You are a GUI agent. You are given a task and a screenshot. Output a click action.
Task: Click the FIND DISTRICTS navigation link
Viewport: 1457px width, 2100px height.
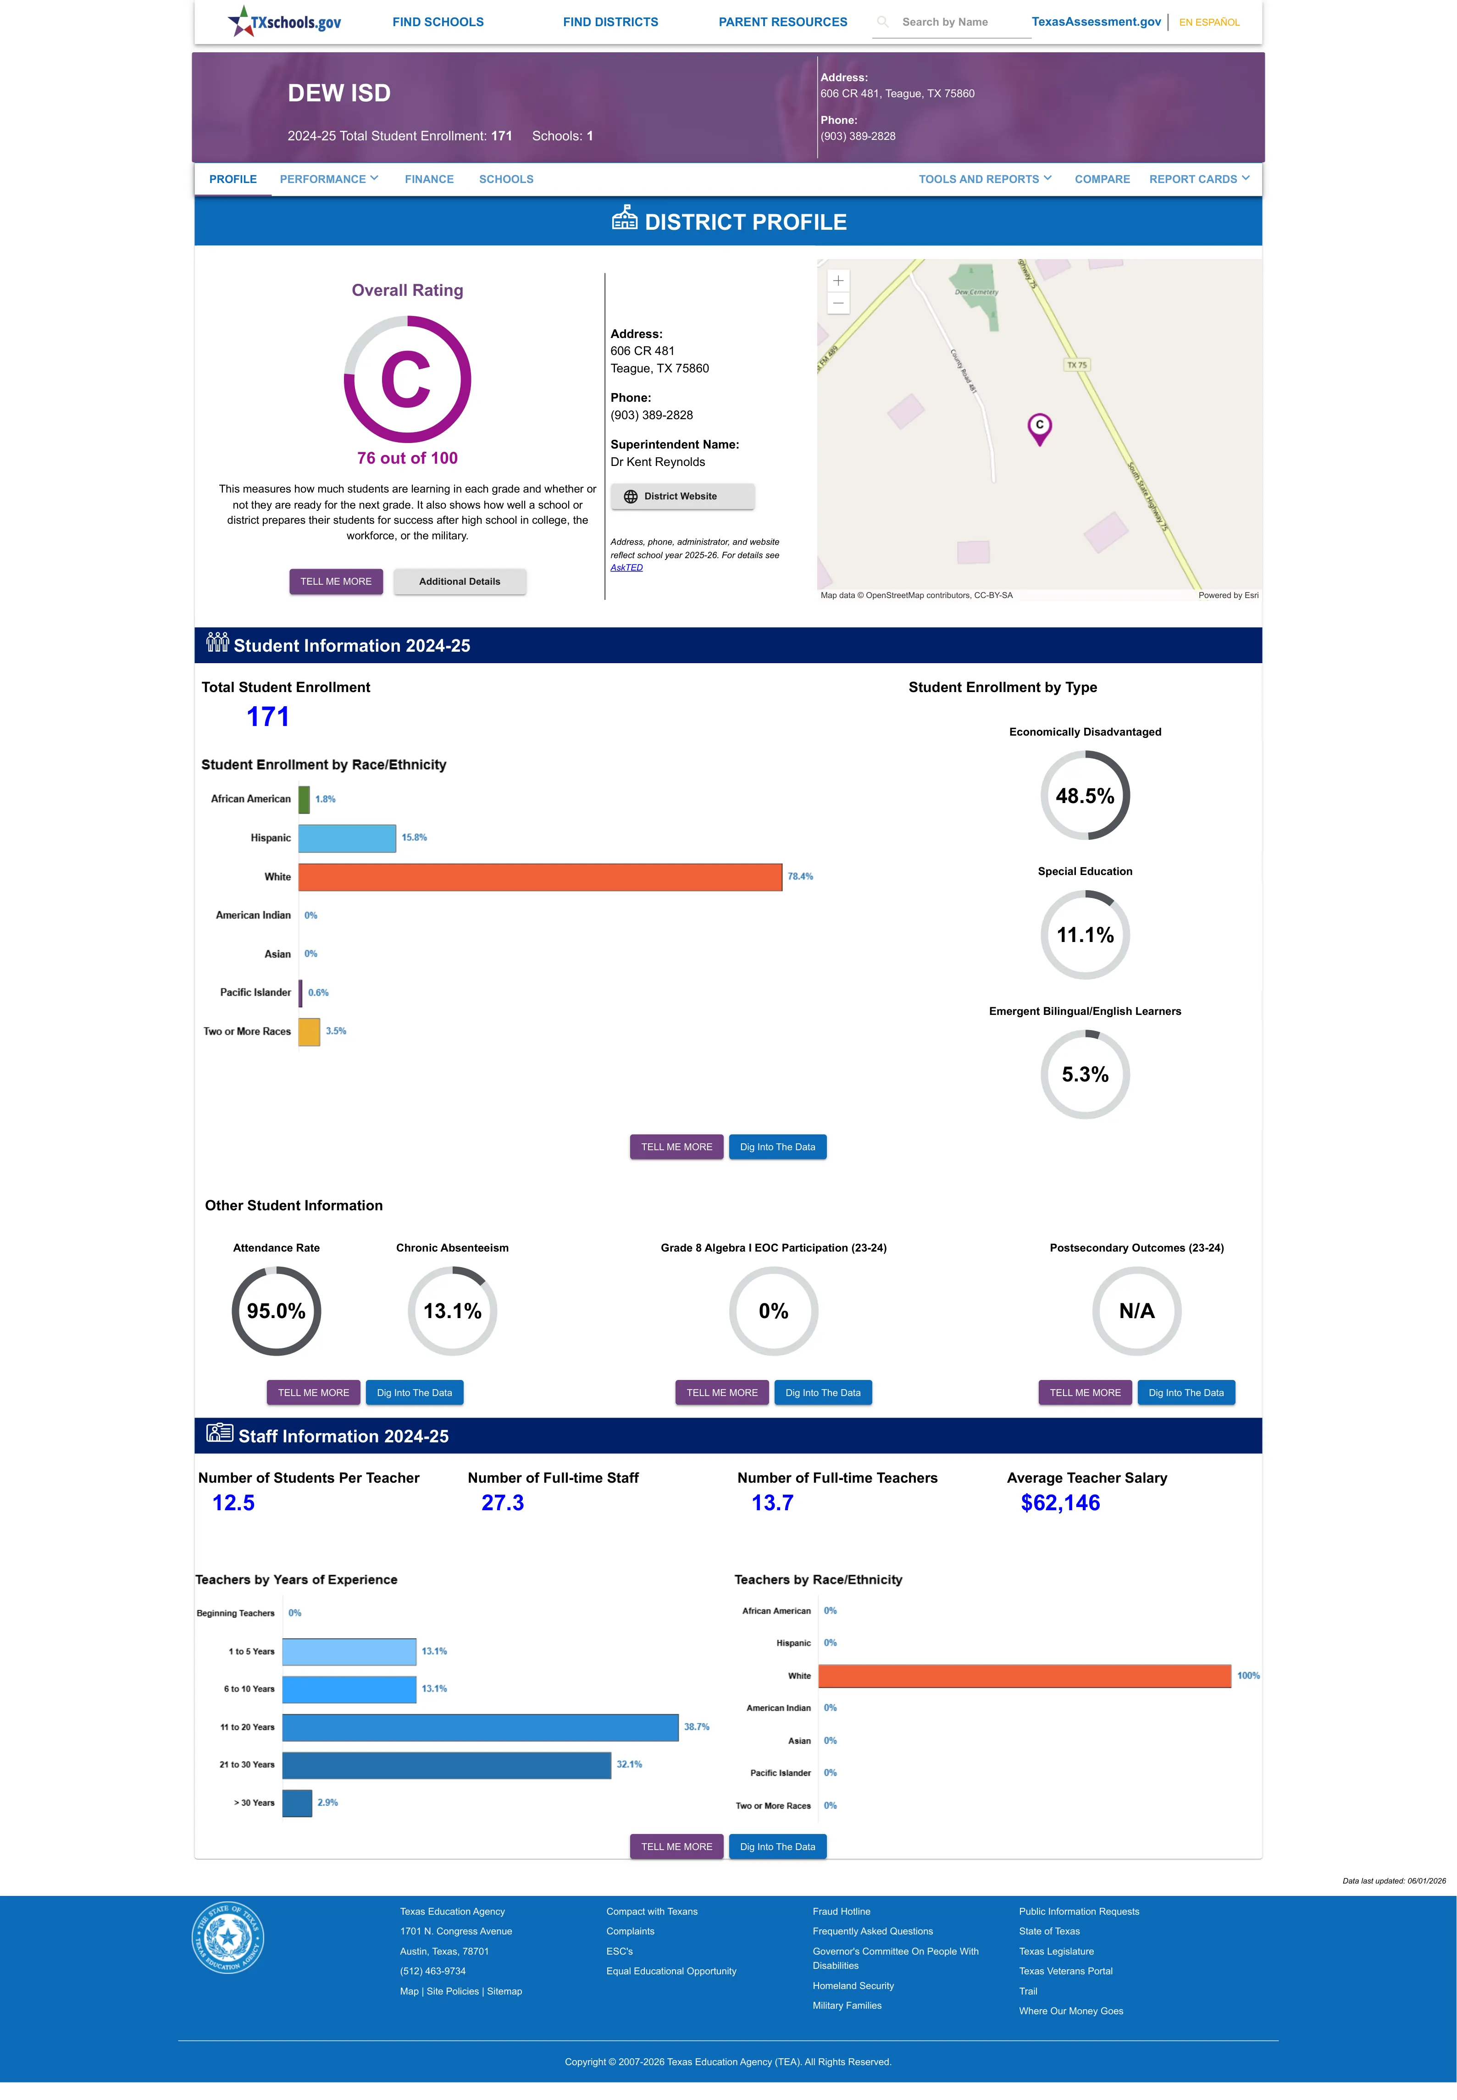coord(610,22)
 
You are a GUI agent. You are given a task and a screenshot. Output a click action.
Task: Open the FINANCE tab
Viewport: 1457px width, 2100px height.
coord(429,179)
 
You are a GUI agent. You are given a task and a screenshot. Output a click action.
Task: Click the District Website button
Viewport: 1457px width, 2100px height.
coord(682,497)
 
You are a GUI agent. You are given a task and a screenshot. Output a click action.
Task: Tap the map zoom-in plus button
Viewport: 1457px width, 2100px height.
coord(838,281)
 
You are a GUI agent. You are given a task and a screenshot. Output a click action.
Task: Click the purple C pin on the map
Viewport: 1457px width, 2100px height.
coord(1039,428)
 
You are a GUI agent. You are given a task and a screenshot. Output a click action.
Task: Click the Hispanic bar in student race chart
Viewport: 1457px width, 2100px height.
coord(347,838)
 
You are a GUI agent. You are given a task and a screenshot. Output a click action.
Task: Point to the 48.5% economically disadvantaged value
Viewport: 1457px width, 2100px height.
coord(1085,796)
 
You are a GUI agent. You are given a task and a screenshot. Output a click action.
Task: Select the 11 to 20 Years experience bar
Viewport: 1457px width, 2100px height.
coord(480,1727)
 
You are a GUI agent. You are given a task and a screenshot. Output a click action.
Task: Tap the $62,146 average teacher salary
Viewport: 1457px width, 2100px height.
coord(1060,1502)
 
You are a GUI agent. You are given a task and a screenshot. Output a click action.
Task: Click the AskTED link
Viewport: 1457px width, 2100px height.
coord(626,568)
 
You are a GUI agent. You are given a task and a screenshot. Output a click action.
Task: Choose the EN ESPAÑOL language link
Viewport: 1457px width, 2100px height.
coord(1209,22)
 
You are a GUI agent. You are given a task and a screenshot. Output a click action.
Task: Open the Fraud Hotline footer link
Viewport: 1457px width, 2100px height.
coord(841,1911)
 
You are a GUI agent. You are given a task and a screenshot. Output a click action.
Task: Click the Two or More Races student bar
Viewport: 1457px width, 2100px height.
coord(310,1031)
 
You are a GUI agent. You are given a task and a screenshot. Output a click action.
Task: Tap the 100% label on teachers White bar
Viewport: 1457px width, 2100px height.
coord(1248,1676)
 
